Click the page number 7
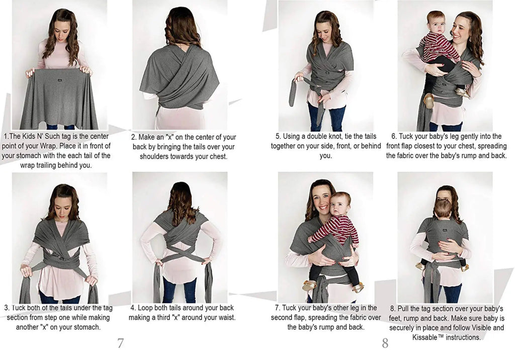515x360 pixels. coord(121,343)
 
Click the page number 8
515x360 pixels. coord(385,343)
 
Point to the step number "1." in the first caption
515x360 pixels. coord(7,136)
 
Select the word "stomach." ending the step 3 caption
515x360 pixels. coord(87,327)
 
